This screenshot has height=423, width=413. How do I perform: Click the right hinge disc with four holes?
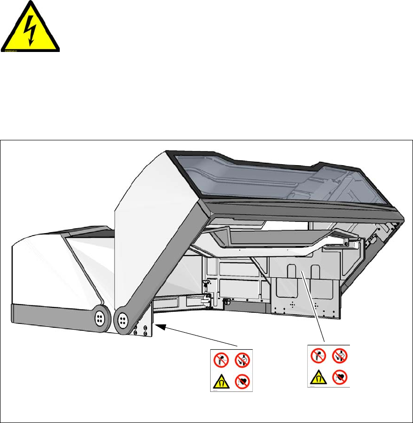tap(122, 320)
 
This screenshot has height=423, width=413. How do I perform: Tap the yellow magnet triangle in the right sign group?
tap(318, 377)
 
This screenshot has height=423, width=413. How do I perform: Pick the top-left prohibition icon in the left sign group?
tap(219, 360)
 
